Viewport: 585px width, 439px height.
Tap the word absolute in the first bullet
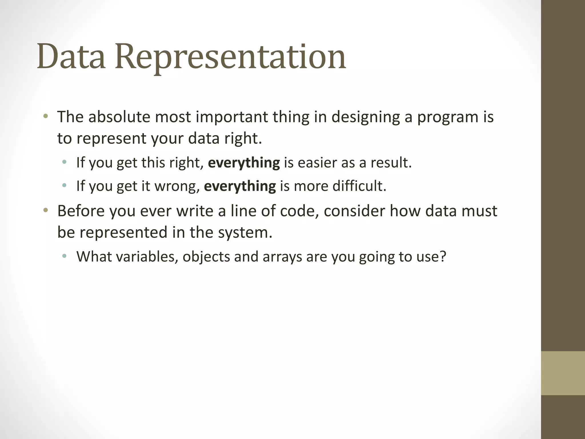coord(119,117)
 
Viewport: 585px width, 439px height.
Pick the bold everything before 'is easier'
coord(244,163)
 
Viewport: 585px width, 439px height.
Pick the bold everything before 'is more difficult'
coord(240,186)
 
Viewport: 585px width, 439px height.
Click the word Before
coord(81,211)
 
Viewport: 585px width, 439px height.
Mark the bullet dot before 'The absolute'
coord(45,116)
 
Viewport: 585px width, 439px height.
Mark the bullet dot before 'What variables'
coord(64,256)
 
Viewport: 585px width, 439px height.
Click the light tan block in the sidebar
coord(563,373)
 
